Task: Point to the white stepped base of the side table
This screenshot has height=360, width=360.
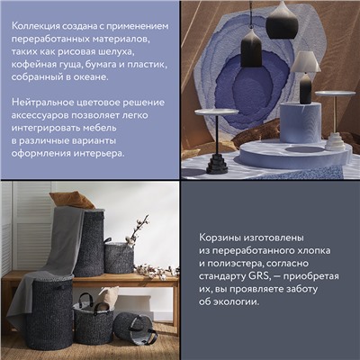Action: point(335,140)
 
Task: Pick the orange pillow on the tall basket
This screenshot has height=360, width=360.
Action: point(69,200)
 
